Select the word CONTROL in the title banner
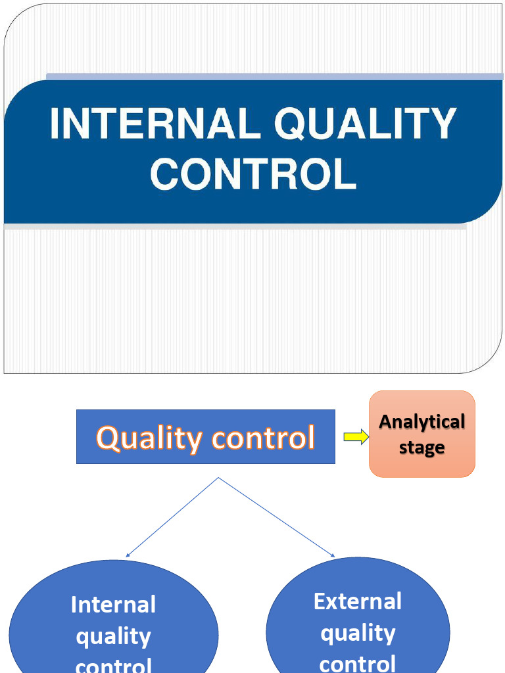(253, 174)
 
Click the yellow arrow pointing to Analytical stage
(356, 438)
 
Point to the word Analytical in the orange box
(422, 421)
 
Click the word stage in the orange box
(422, 448)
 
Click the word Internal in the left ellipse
(113, 605)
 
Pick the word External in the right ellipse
(358, 601)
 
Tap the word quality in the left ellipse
(113, 636)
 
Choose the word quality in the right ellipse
(358, 633)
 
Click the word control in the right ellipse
(358, 662)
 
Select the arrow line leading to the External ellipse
(276, 517)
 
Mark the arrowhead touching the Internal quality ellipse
(128, 555)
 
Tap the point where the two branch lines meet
(218, 478)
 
